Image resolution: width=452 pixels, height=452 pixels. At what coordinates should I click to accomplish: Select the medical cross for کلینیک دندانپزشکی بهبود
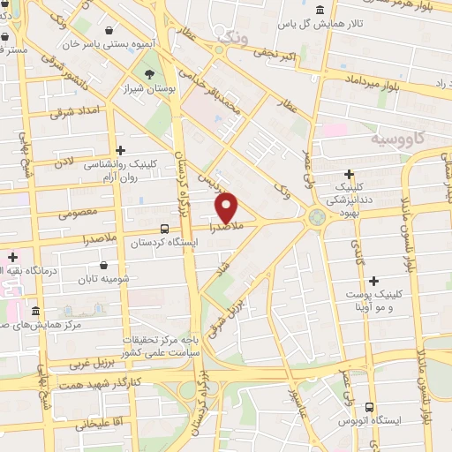[x=350, y=175]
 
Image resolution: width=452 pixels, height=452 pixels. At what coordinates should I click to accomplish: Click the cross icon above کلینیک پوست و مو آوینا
[x=374, y=281]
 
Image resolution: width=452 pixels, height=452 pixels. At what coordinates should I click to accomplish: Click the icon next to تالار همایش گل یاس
[x=317, y=11]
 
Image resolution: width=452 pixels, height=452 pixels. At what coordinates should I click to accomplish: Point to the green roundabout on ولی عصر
[x=317, y=217]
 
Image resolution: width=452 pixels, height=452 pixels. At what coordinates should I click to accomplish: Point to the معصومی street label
[x=78, y=211]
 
